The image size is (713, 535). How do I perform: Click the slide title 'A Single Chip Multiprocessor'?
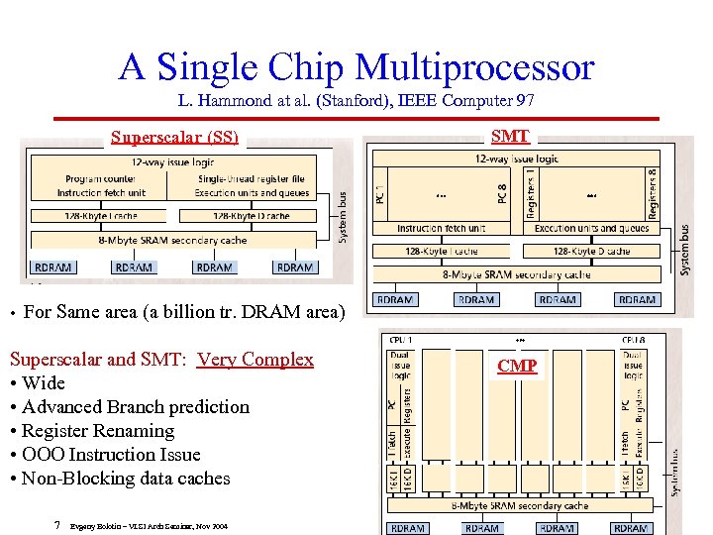tap(356, 67)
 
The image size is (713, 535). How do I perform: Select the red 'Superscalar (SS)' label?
tap(174, 138)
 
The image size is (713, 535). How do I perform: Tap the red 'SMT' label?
tap(510, 137)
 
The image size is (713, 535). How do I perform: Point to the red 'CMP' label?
tap(517, 367)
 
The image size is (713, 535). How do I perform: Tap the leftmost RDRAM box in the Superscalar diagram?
tap(52, 267)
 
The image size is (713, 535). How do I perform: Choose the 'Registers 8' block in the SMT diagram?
tap(652, 193)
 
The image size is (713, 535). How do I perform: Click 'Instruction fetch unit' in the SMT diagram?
tap(441, 229)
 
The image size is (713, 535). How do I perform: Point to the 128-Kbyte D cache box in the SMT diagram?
tap(590, 252)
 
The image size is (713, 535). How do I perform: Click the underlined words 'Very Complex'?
tap(255, 360)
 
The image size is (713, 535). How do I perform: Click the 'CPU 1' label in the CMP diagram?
tap(401, 340)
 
